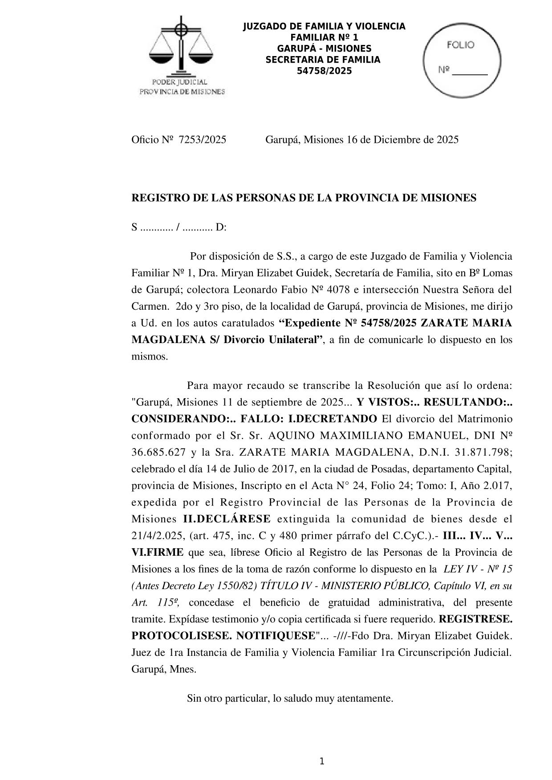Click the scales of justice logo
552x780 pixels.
pos(181,47)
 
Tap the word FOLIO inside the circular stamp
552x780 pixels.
pos(460,45)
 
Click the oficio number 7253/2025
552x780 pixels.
pos(202,140)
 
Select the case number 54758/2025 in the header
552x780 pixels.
pos(324,71)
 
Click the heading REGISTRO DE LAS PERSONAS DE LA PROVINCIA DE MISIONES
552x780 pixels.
pos(304,198)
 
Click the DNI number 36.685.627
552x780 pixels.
pos(158,452)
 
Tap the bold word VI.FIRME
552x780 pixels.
pos(157,552)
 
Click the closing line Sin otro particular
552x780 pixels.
pos(290,698)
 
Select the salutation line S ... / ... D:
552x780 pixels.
pos(179,227)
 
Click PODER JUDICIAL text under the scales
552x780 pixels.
pos(180,82)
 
